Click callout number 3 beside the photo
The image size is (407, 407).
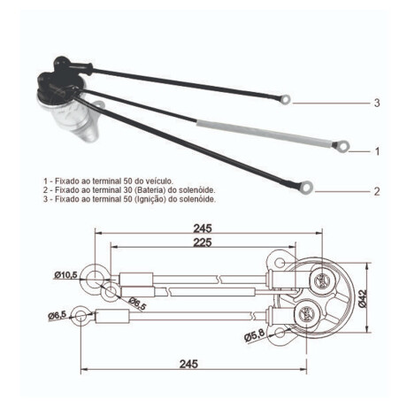pyautogui.click(x=376, y=103)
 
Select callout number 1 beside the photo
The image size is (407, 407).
pyautogui.click(x=376, y=151)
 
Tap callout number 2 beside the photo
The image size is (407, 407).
pyautogui.click(x=376, y=191)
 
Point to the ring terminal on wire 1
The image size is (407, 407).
pyautogui.click(x=340, y=142)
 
